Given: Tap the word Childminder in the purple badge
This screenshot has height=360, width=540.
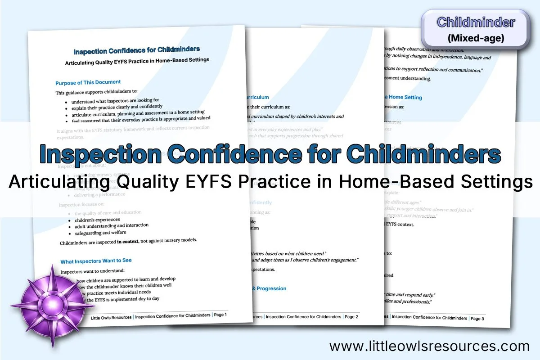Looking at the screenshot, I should (476, 22).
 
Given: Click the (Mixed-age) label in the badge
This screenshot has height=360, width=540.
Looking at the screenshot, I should (476, 38).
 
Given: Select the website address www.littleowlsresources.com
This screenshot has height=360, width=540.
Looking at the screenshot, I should (429, 346).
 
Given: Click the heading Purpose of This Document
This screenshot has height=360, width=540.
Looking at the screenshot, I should (88, 82).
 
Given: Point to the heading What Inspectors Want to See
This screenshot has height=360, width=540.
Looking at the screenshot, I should (96, 261).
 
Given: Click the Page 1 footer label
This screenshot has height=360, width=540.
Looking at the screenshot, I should (220, 315).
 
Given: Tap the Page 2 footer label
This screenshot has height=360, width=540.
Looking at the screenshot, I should (351, 317).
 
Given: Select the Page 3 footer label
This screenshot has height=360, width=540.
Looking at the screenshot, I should (477, 318).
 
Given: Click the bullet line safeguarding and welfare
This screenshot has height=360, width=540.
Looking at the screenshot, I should (100, 233).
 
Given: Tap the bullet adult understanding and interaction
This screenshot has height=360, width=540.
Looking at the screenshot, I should (112, 226).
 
